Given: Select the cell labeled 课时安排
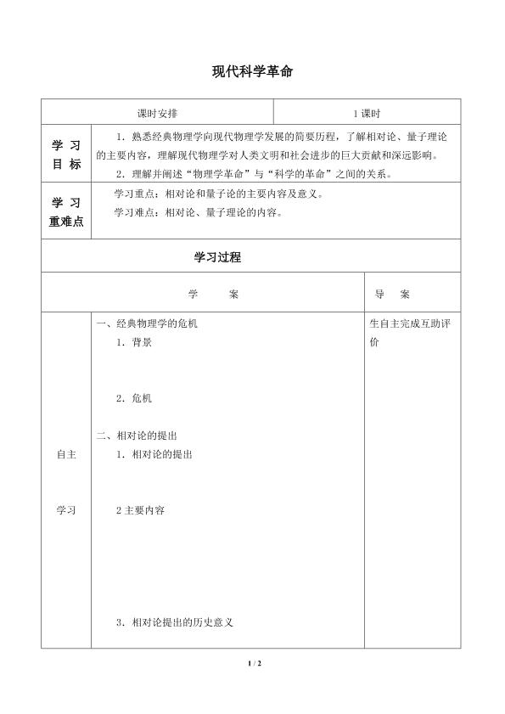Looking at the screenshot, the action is [157, 112].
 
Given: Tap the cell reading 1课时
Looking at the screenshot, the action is [367, 112].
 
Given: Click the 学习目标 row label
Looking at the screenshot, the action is [67, 155].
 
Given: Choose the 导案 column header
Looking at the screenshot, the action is [392, 295].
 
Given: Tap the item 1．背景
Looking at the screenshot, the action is [134, 343].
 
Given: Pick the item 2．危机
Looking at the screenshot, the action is [134, 397].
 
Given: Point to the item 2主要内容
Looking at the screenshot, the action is [140, 510].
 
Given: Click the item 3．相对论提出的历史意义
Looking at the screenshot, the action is [174, 622].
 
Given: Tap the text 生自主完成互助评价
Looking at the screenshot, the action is [410, 333].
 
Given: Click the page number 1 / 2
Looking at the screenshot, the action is [251, 661].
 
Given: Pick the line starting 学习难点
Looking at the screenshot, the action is [198, 212].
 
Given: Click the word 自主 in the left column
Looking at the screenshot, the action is [66, 454].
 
